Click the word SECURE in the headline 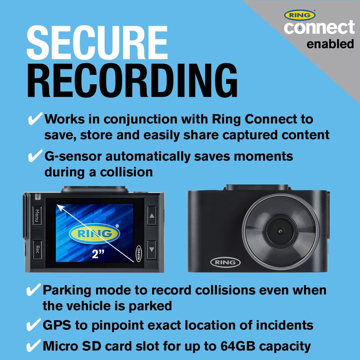[x=97, y=42]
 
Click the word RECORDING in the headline [x=132, y=80]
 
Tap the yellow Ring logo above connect [x=300, y=15]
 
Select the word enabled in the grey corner [x=330, y=44]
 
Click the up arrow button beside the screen [x=152, y=216]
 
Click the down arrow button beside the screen [x=152, y=250]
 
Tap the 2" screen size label [x=98, y=254]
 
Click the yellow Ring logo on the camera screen [x=94, y=234]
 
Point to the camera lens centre [x=280, y=231]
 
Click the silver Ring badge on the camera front [x=225, y=262]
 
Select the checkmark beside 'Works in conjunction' [x=35, y=118]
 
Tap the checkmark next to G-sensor [x=35, y=155]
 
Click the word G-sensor [x=73, y=157]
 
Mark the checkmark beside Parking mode [x=33, y=289]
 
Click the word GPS [x=57, y=325]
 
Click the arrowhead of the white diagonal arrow [x=60, y=208]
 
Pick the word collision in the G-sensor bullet [x=126, y=172]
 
